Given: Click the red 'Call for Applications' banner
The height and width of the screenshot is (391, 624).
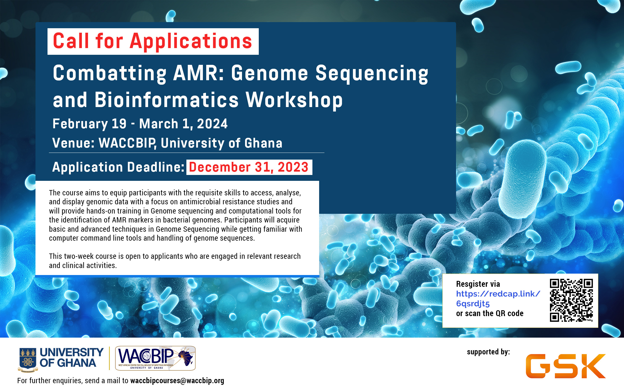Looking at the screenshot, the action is coord(153,41).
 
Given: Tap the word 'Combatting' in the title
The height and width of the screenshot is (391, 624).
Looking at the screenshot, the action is coord(110,73).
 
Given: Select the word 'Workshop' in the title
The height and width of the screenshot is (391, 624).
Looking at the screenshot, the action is coord(294,100).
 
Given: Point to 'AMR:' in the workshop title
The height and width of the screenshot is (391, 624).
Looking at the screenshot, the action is coord(199,73).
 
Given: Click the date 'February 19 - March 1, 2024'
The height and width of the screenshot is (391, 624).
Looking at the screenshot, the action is coord(140,124).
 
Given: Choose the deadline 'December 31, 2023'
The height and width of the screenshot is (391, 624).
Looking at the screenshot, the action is coord(249,167).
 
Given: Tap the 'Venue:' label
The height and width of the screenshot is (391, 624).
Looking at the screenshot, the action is coord(73,143).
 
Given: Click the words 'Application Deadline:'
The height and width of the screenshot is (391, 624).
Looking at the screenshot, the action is coord(118,167).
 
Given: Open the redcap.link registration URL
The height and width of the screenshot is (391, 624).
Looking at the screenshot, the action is coord(498,299).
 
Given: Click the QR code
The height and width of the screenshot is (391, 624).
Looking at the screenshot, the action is coord(571,300).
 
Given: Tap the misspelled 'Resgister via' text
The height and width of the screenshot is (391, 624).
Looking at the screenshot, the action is coord(478,284).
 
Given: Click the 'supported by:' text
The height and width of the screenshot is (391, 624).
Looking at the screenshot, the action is coord(488,352).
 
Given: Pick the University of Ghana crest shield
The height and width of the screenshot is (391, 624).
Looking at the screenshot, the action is coord(28,359).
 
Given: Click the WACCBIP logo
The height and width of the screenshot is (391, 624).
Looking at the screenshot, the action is coord(155,358).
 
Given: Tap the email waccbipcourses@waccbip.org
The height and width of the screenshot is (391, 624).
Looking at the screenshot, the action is coord(177,381).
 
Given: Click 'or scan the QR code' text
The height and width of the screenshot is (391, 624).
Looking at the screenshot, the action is coord(490,314).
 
